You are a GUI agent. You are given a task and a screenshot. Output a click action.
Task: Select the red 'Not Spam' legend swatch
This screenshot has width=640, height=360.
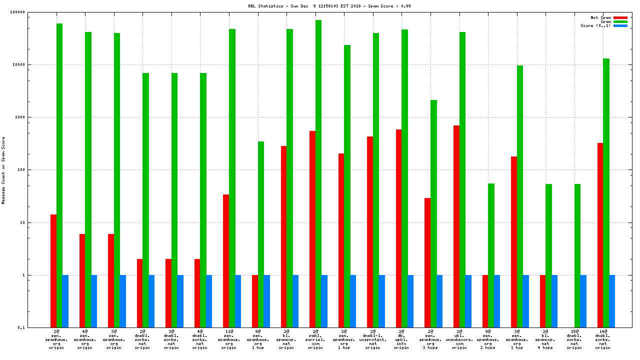(620, 17)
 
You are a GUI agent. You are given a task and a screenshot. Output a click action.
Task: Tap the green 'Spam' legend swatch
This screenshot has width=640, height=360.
(620, 21)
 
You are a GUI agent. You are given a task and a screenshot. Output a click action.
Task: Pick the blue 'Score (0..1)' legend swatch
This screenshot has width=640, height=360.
(620, 25)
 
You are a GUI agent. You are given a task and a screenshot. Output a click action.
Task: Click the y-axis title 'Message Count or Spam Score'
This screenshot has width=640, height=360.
(3, 170)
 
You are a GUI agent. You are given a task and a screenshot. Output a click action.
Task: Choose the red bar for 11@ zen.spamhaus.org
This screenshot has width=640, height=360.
(226, 260)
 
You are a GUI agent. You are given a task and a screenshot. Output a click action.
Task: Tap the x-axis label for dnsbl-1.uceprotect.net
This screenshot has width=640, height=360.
(373, 339)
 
